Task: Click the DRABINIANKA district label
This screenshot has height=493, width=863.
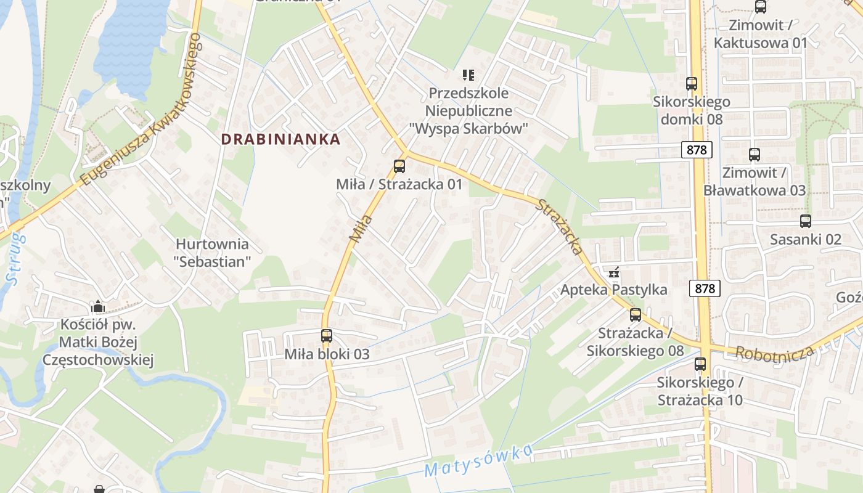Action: (x=280, y=139)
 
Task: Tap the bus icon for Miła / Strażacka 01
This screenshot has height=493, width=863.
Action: (x=399, y=166)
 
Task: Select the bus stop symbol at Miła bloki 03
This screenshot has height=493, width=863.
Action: (x=327, y=336)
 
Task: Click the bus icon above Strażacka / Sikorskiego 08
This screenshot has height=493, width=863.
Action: (x=636, y=315)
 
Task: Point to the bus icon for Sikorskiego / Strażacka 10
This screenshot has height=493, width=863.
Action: (x=700, y=364)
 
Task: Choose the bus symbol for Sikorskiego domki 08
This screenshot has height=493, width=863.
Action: (x=692, y=84)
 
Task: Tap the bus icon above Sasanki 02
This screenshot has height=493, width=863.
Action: (x=806, y=221)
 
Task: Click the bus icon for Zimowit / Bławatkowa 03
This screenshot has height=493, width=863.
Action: (x=755, y=155)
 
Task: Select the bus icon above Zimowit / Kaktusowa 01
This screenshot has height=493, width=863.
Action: (x=761, y=7)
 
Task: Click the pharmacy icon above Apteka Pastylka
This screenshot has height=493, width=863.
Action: (x=614, y=272)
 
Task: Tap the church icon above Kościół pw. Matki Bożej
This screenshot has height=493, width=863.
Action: (x=97, y=306)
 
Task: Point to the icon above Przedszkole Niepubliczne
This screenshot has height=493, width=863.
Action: (x=468, y=75)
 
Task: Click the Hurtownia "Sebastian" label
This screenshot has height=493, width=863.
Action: (x=213, y=253)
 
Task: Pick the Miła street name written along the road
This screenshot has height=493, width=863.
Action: (x=362, y=228)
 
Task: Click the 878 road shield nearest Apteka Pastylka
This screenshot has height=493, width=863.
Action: (x=705, y=288)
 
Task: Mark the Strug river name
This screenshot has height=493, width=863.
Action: (x=15, y=259)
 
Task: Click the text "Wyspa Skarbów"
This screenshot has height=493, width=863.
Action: (x=469, y=129)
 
